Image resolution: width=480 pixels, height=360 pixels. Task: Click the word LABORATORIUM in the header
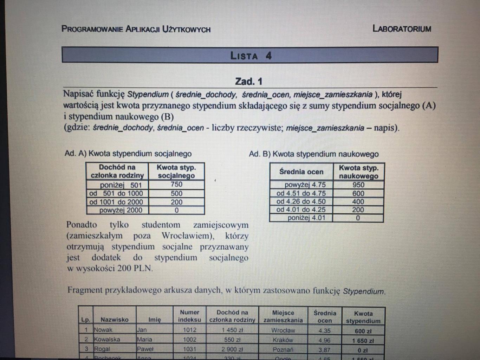coord(402,29)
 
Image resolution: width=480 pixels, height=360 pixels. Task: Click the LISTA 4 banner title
coord(251,56)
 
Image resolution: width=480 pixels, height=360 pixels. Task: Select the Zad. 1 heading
coord(249,82)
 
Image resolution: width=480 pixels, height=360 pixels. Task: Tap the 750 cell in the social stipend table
coord(176,185)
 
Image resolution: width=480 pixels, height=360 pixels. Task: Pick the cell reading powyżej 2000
coord(121,210)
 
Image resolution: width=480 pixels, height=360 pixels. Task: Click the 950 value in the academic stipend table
coord(358,185)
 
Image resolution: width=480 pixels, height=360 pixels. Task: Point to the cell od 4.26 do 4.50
coord(301,201)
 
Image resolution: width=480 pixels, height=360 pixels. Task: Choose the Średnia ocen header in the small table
coord(301,172)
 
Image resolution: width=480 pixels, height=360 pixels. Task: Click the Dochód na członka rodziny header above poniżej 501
coord(117,171)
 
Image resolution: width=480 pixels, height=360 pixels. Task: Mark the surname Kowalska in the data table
coord(107,340)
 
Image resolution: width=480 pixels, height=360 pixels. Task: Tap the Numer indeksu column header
coord(189,316)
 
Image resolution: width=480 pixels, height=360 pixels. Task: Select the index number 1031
coord(189,349)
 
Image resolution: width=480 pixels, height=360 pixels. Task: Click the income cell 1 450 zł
coord(232,330)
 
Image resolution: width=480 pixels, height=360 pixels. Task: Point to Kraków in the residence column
coord(283,340)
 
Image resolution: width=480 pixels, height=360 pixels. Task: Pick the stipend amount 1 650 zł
coord(363,341)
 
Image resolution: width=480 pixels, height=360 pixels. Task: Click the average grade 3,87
coord(324,350)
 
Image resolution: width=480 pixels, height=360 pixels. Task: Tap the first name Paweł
coord(145,349)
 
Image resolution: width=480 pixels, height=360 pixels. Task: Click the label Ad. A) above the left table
coord(75,154)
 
